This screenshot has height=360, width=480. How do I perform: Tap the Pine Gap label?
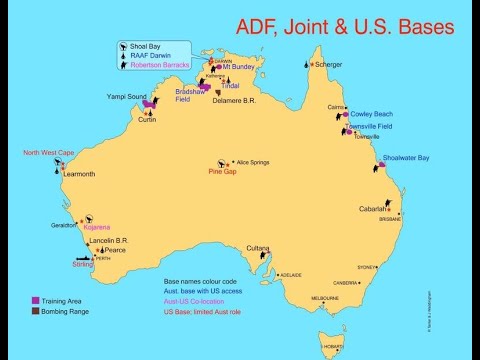(222, 171)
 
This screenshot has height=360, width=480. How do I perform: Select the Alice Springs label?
(255, 161)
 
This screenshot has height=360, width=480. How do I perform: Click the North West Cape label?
(50, 153)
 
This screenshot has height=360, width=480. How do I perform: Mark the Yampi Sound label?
(126, 97)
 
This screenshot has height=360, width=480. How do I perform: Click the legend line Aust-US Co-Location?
(199, 302)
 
